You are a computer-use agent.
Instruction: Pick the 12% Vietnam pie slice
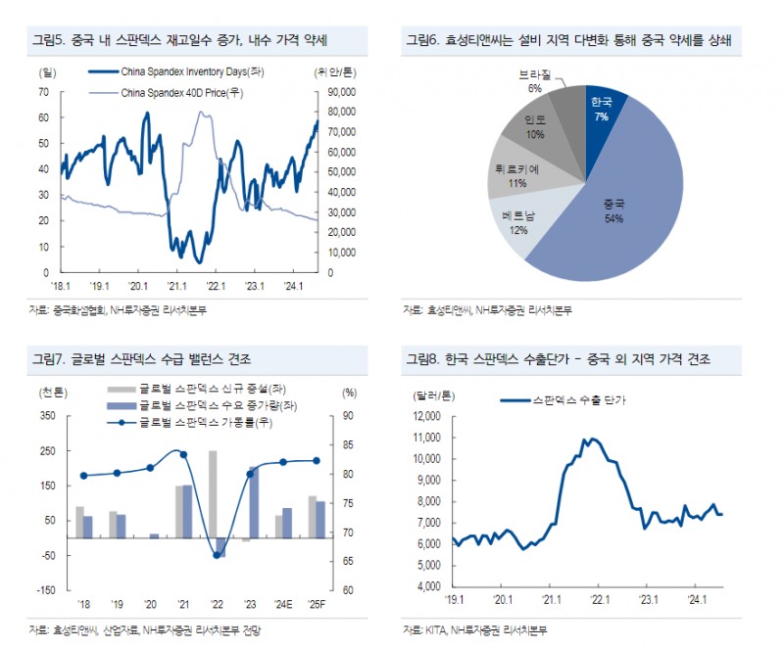518,225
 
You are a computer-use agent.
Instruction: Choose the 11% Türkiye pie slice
517,176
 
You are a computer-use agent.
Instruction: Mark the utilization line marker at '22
218,555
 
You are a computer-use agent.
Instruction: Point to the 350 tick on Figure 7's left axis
47,416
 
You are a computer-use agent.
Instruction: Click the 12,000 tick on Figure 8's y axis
426,416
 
